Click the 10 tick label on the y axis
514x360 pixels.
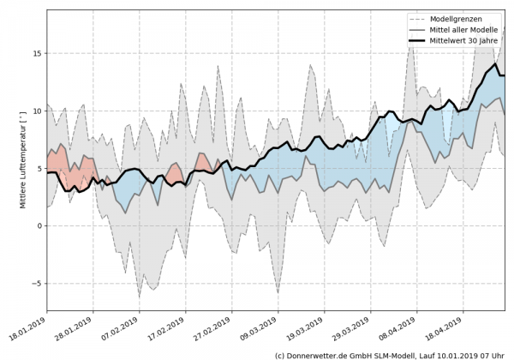(x=36, y=111)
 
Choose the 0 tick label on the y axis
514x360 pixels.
(x=39, y=225)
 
